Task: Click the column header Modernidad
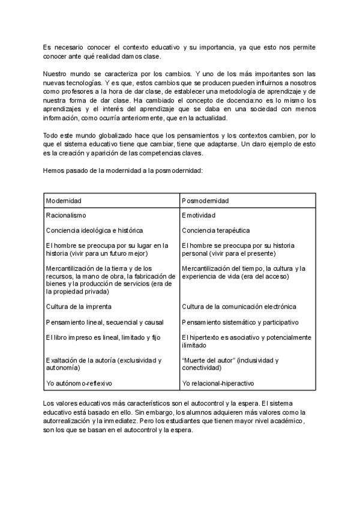point(64,200)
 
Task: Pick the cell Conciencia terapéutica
point(215,230)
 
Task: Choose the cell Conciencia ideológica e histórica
point(94,230)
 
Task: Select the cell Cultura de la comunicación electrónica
point(239,307)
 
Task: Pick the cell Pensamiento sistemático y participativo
point(239,322)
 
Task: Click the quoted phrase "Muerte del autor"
point(206,360)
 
